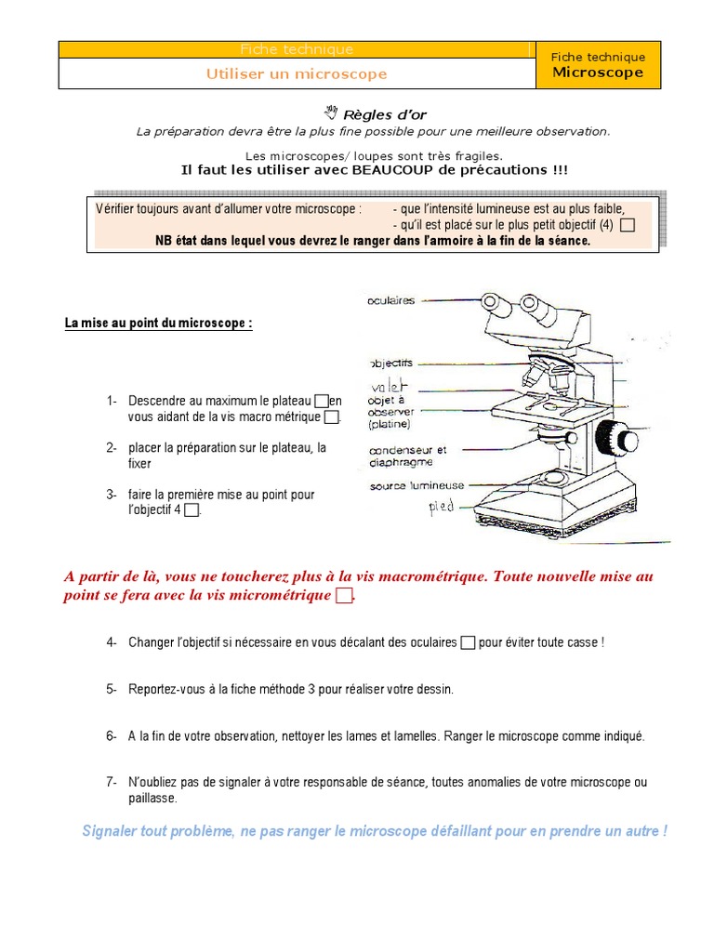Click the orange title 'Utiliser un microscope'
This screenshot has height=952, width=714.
(297, 74)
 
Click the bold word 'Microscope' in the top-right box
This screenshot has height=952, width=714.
(598, 73)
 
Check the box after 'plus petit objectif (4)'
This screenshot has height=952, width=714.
(628, 225)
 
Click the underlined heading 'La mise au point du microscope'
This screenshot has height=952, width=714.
(158, 324)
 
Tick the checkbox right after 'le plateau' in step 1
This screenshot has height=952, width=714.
(322, 401)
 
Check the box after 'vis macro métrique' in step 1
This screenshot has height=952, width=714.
(332, 417)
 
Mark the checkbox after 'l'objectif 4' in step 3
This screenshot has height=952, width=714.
(192, 510)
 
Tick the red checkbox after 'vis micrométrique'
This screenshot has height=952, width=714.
(344, 595)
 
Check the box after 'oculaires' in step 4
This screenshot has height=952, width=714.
(468, 642)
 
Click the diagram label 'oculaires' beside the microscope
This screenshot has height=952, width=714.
(391, 300)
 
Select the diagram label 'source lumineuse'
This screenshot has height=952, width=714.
(416, 485)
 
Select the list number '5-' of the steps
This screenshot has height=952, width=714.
(112, 689)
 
